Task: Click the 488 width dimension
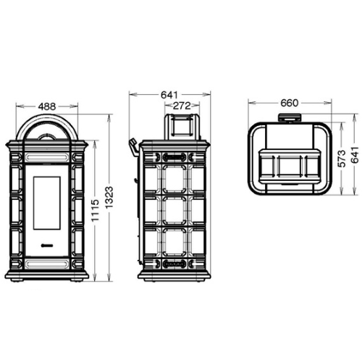tap(47, 106)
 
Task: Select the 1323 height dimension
tap(109, 198)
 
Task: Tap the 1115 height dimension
tap(96, 210)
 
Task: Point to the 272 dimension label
tap(182, 106)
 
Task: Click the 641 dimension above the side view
tap(169, 95)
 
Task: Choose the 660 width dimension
tap(290, 103)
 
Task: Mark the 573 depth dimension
tap(342, 159)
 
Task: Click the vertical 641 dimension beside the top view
tap(355, 155)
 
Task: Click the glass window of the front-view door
tap(47, 203)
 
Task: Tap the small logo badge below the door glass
tap(47, 245)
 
